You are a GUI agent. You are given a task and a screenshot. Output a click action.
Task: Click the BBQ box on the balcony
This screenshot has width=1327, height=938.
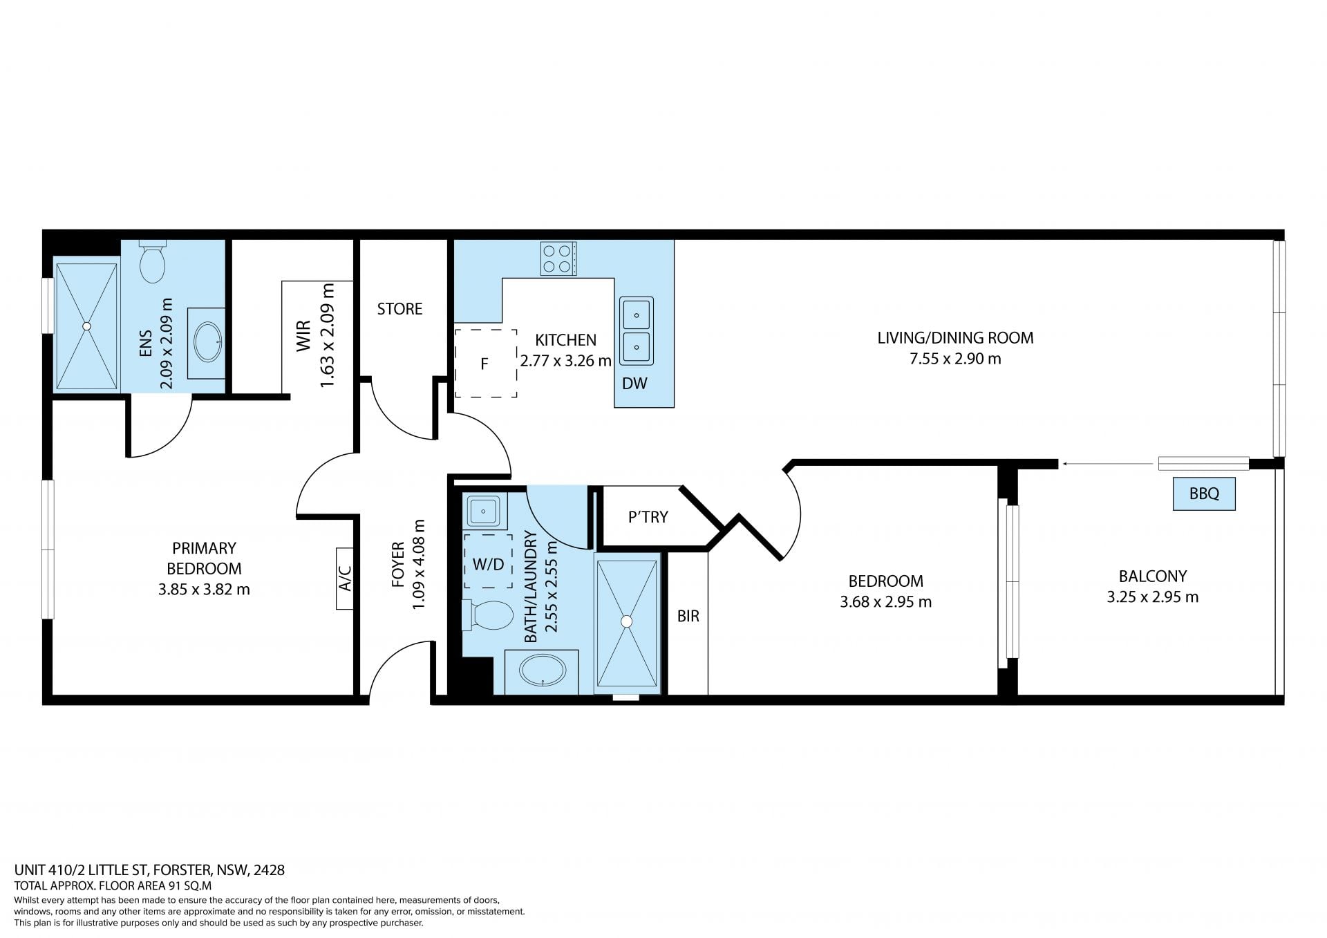(1204, 494)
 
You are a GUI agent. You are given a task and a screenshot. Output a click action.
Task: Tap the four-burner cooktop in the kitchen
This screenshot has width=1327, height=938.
(558, 259)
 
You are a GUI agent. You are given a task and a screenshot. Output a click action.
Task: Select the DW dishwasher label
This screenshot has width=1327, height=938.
(634, 384)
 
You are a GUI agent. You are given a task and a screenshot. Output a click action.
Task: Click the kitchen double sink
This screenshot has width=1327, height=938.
(636, 331)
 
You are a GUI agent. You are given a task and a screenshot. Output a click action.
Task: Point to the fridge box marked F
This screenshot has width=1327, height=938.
(485, 364)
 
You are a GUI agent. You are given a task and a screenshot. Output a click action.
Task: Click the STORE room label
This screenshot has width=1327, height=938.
(399, 309)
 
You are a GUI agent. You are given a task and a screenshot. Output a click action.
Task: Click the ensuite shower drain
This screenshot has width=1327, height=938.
(86, 326)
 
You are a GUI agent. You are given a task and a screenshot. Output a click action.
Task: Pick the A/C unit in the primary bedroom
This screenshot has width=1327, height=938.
(345, 579)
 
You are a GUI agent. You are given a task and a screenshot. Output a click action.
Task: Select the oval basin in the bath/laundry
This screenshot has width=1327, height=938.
(543, 670)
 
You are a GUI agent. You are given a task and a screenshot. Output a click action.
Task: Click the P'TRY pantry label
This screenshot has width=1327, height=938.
(648, 517)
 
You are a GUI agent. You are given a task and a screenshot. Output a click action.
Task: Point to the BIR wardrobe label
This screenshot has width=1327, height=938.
(688, 616)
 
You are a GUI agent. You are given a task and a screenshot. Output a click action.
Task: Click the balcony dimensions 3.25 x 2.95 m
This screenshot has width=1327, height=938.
(1153, 597)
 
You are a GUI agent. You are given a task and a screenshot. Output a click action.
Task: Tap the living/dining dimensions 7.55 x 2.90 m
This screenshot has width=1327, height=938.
(955, 359)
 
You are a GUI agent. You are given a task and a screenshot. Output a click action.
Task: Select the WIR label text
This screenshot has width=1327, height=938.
(304, 335)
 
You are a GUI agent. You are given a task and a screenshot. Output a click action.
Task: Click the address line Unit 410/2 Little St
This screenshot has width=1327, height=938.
(150, 870)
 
